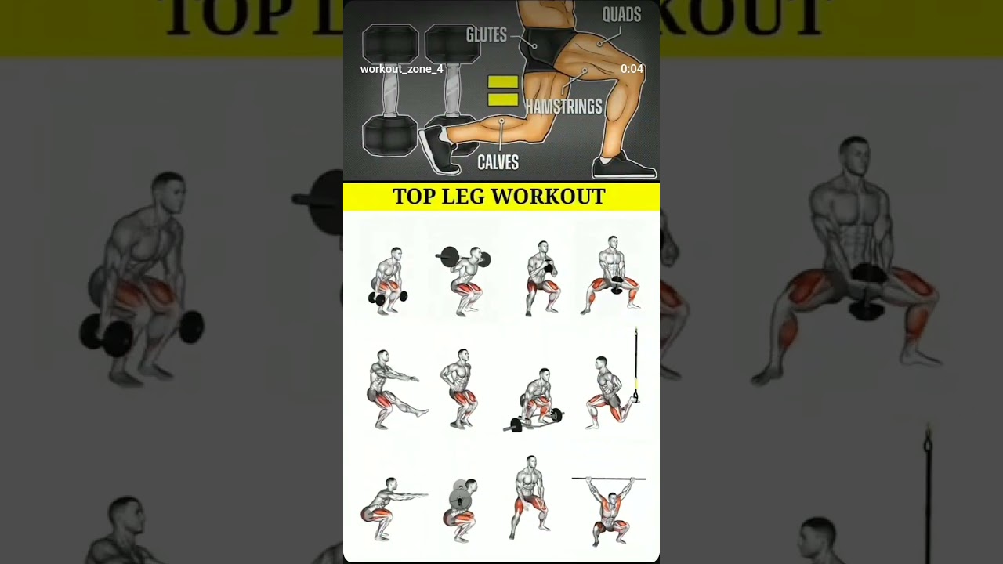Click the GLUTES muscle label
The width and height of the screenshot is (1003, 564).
coord(486,34)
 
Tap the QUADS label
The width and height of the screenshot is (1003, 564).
coord(621,14)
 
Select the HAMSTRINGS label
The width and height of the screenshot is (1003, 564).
coord(563,107)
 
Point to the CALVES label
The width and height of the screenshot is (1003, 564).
coord(498,162)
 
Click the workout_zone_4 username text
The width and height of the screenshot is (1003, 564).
coord(401,69)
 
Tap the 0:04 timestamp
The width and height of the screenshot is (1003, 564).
coord(632,69)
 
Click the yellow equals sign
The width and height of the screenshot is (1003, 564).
coord(502,90)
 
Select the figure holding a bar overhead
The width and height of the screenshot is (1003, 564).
coord(610,509)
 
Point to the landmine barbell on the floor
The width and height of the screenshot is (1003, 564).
coord(533,421)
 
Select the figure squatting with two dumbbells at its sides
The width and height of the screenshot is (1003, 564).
coord(388,280)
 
